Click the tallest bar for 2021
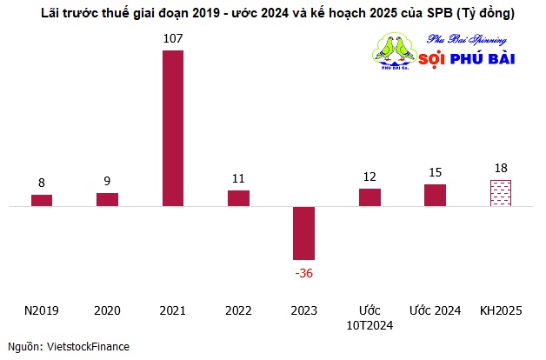click(x=173, y=129)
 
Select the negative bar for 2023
click(x=304, y=233)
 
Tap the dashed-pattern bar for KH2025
click(x=501, y=193)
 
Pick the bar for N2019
click(x=42, y=201)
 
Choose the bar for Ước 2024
click(x=436, y=196)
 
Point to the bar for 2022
click(x=238, y=198)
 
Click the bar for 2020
click(x=107, y=200)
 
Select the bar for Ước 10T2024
click(x=370, y=197)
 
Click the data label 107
click(x=173, y=38)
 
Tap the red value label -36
click(x=304, y=273)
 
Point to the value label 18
click(x=501, y=168)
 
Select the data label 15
click(x=436, y=172)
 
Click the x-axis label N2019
click(x=42, y=310)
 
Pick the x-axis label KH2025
click(x=501, y=310)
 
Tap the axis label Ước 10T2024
click(x=370, y=318)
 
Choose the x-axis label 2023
click(x=304, y=310)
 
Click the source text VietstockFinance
click(x=88, y=347)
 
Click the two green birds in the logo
click(x=395, y=49)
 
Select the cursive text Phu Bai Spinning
click(x=467, y=40)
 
